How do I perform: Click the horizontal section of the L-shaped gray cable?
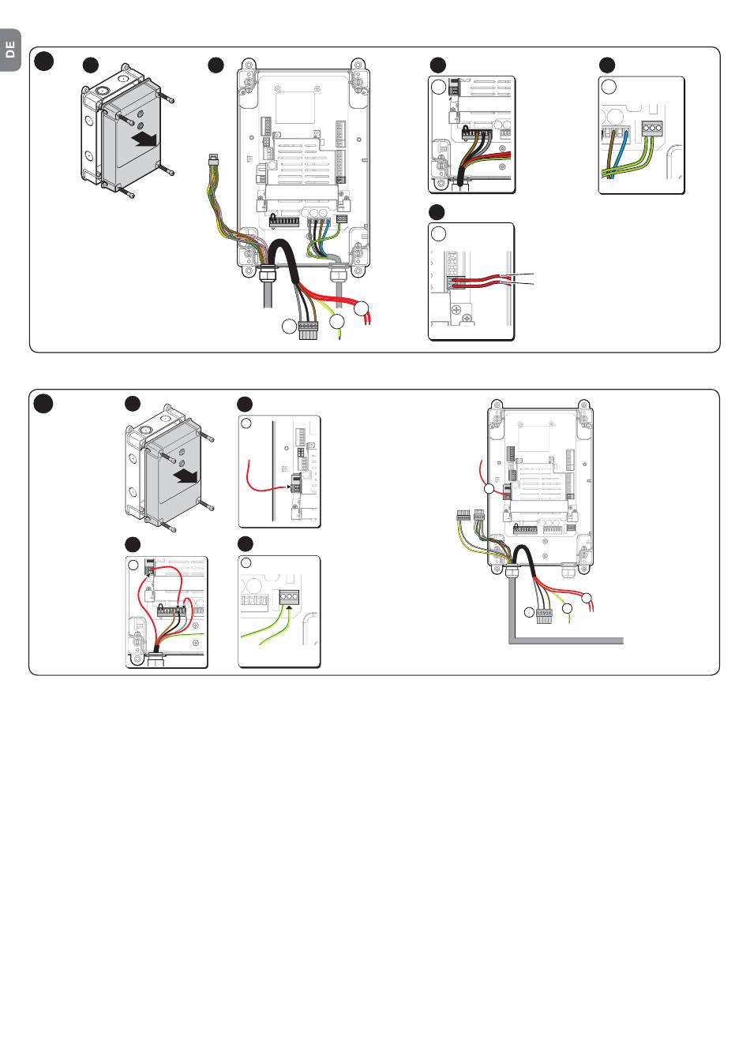pos(568,640)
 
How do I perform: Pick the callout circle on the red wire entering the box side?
pos(489,490)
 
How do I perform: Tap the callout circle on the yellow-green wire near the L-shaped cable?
pos(567,608)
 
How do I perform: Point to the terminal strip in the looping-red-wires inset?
pos(173,610)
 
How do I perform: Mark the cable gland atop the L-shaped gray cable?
pos(510,565)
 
